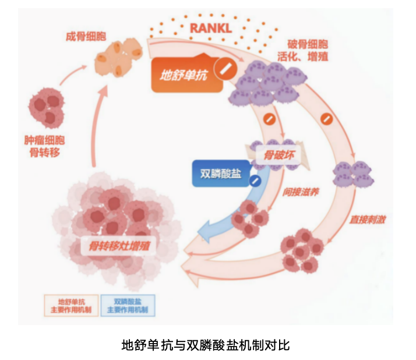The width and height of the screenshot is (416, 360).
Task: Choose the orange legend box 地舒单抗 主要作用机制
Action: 72,306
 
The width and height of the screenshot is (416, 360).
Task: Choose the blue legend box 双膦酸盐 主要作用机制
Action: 128,306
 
